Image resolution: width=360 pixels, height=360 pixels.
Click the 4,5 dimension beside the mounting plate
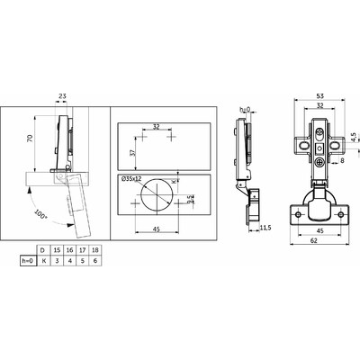click(354, 137)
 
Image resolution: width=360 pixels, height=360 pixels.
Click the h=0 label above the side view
click(246, 110)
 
